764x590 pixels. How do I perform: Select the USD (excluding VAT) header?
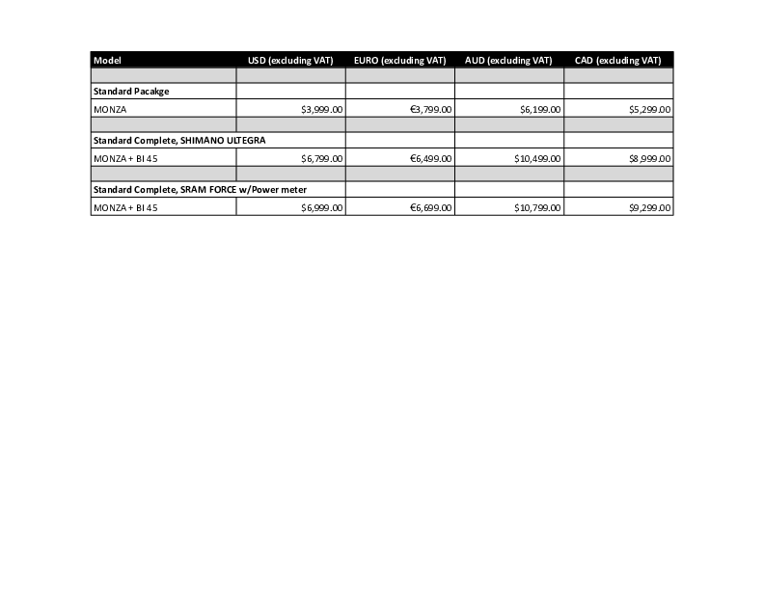coord(289,60)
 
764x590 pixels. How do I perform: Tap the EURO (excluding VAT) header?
coord(399,60)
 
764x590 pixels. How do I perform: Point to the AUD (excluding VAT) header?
coord(508,60)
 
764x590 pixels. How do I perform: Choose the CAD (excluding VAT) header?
coord(617,60)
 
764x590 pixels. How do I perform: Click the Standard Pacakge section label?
coord(131,91)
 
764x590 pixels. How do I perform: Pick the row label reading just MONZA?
coord(110,109)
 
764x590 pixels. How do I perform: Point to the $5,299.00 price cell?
coord(649,110)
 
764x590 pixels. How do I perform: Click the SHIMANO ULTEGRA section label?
coord(178,140)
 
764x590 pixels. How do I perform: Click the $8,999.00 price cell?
coord(649,158)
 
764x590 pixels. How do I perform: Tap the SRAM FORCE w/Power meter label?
coord(200,189)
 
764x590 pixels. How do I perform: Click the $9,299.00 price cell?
coord(649,207)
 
